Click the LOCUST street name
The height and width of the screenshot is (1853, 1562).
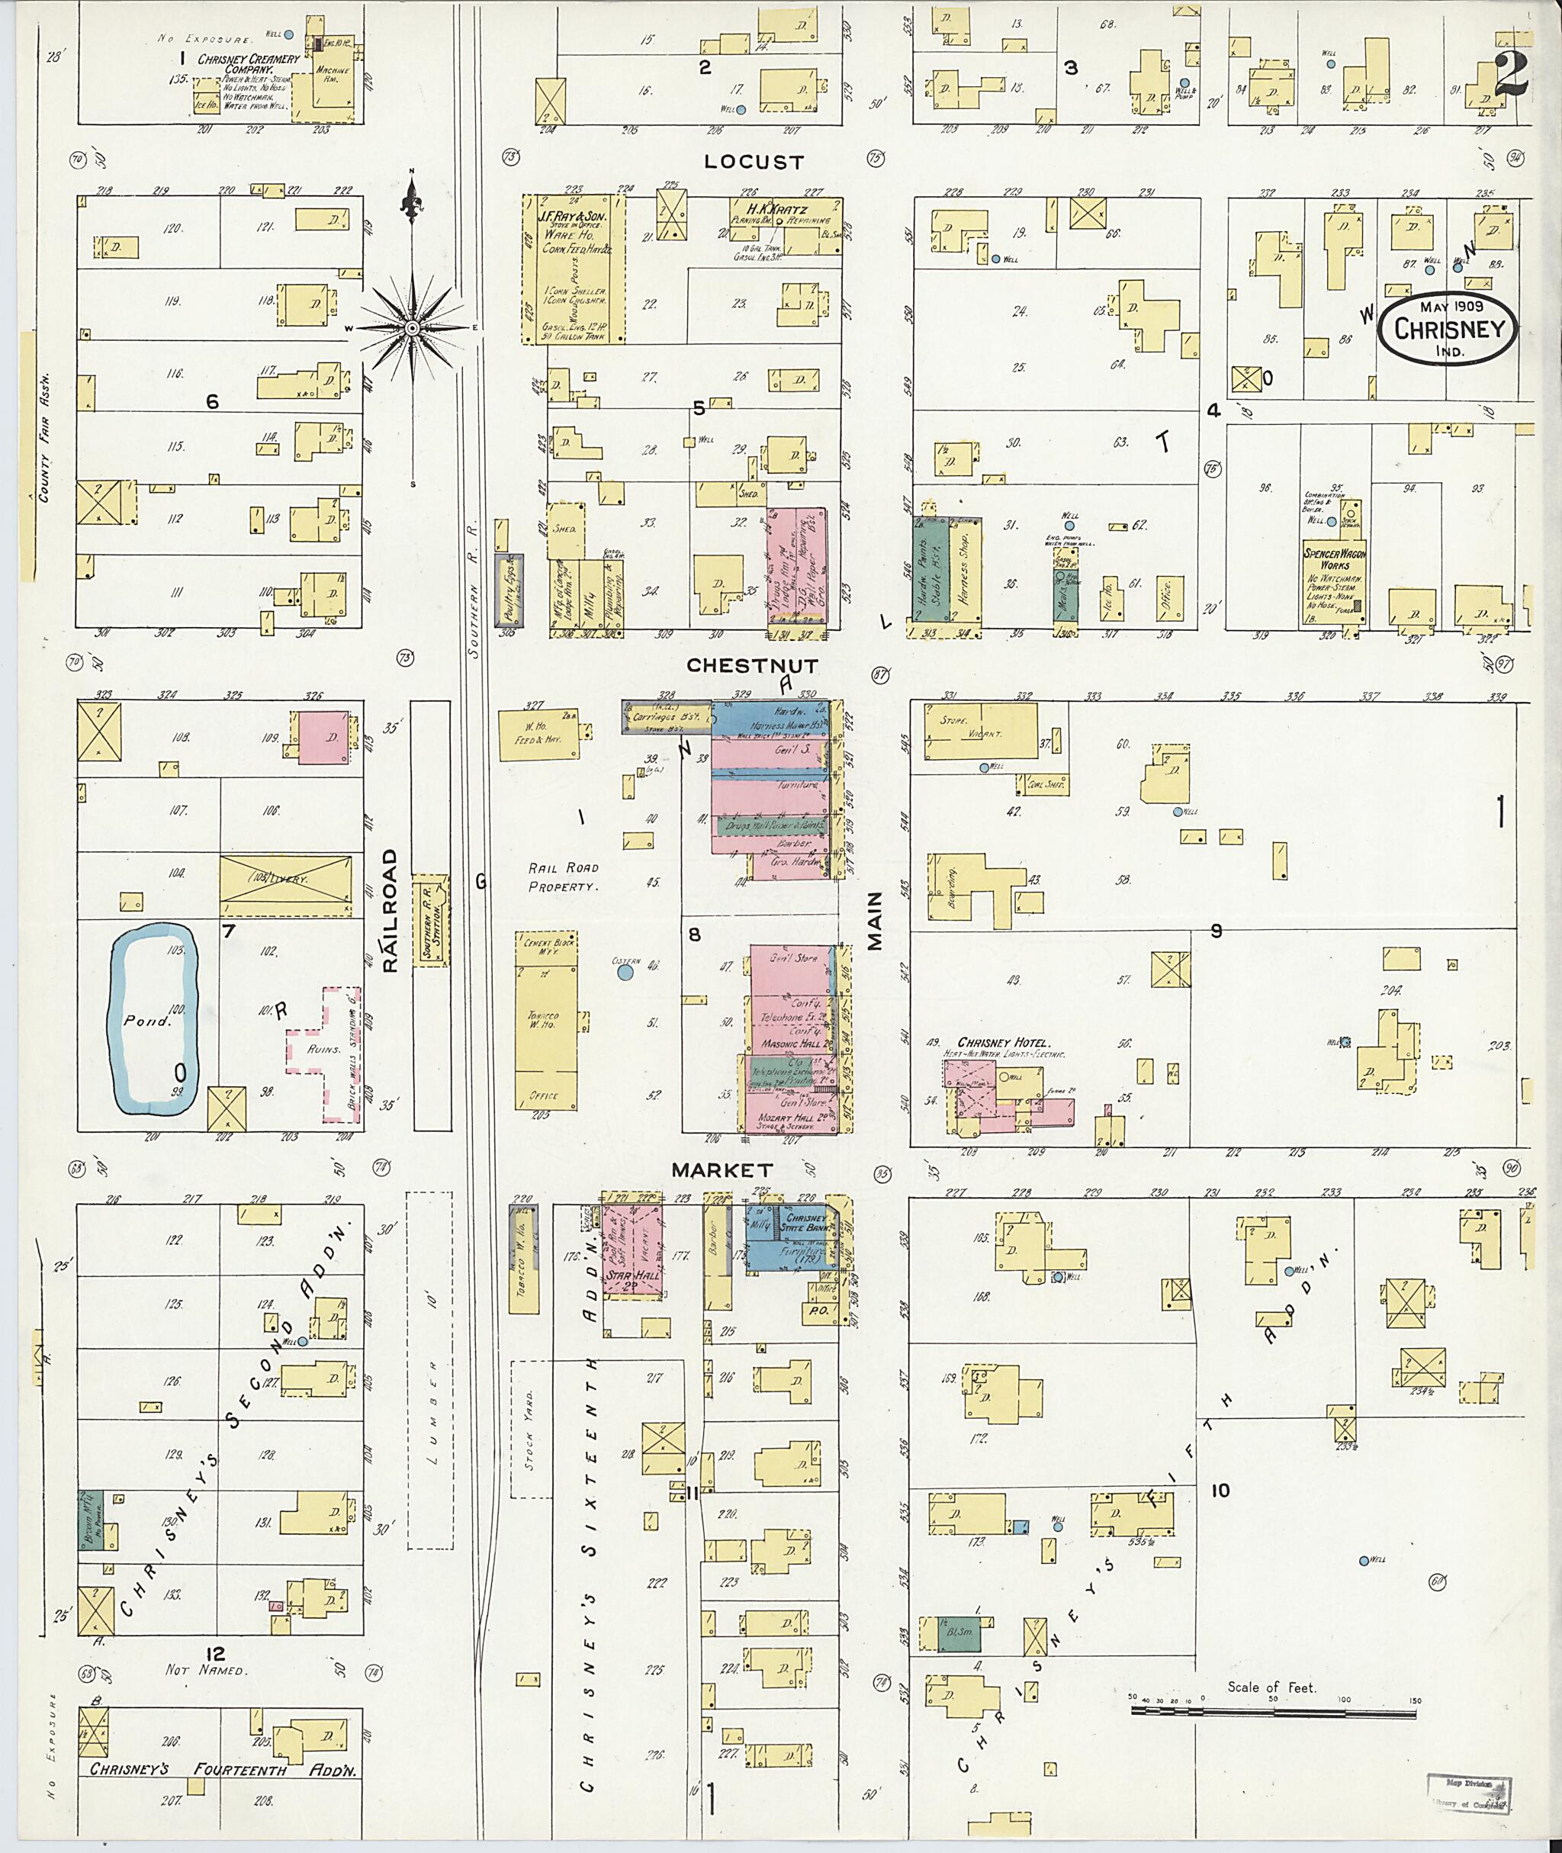click(754, 162)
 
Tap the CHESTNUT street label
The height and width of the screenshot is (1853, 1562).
click(752, 664)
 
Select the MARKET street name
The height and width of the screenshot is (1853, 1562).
click(722, 1170)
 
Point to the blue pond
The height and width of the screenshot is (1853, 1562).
click(153, 1018)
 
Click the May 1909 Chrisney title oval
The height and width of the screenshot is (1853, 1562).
click(1448, 327)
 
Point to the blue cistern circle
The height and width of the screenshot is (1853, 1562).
click(625, 973)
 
